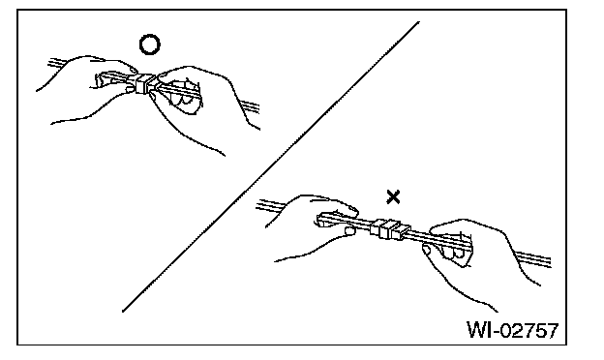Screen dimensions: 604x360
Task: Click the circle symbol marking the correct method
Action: [x=149, y=37]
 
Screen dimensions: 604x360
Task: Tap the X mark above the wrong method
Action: [x=393, y=197]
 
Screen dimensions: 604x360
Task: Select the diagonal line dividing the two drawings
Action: [x=271, y=166]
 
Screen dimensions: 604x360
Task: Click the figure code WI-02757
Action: [x=513, y=330]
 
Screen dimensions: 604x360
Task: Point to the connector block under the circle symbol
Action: [x=145, y=83]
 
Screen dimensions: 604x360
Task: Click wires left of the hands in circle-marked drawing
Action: [x=57, y=62]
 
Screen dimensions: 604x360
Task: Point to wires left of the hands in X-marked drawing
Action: [x=270, y=205]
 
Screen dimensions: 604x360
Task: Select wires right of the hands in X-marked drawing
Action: [x=533, y=258]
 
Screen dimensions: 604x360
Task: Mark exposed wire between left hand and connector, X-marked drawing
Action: [x=363, y=223]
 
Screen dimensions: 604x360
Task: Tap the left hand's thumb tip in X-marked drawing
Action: [x=350, y=230]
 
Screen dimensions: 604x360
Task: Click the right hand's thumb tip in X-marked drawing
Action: [x=427, y=251]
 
